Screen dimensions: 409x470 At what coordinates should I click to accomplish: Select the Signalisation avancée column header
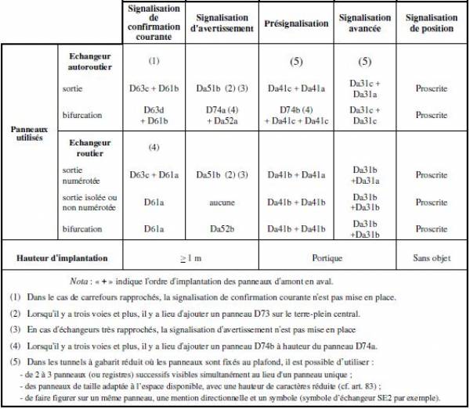(x=365, y=23)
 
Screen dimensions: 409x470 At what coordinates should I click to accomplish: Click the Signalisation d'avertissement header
(x=223, y=23)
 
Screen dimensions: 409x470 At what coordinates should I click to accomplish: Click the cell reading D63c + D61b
(x=154, y=88)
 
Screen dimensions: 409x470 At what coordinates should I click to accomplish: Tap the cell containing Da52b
(x=222, y=229)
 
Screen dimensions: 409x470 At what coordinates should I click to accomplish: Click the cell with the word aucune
(x=222, y=202)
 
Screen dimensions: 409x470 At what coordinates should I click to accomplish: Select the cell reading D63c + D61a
(x=154, y=174)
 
